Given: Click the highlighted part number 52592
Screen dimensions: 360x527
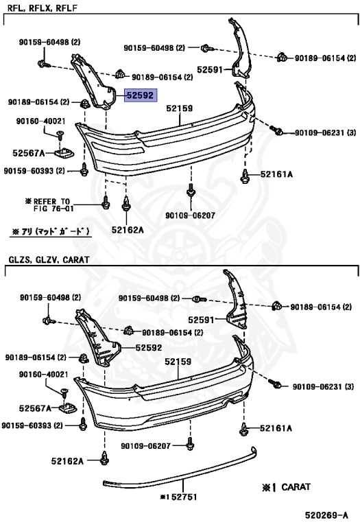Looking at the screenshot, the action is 141,95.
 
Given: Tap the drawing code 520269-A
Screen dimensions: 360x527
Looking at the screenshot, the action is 326,515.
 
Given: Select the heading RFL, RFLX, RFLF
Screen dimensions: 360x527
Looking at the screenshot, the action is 42,8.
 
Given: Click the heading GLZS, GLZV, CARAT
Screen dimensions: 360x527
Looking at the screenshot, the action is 49,259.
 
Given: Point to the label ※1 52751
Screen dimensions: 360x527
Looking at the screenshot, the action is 178,497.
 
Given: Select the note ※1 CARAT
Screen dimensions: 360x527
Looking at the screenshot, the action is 286,487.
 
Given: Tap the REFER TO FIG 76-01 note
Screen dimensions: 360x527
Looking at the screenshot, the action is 49,205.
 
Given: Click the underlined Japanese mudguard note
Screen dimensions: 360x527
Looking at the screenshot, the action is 51,231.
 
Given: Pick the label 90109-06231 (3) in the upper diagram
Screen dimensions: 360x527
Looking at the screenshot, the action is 325,132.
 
